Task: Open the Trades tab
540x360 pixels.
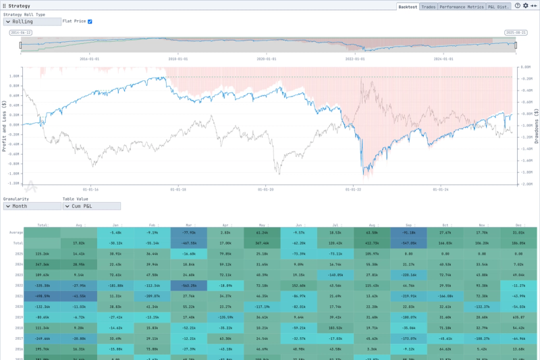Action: (428, 6)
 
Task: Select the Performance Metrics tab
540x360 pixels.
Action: (462, 6)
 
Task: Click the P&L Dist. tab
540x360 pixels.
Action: (499, 6)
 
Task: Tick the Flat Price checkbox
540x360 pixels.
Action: (90, 21)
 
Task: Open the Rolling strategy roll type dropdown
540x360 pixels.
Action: (32, 22)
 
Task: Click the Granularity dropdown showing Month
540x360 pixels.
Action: (32, 206)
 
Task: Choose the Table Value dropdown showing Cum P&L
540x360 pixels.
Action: (92, 206)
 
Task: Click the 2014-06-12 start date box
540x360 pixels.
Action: (22, 32)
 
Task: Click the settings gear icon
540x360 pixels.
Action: (526, 5)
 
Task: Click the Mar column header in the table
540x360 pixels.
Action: (190, 224)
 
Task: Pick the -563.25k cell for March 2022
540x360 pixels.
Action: (190, 286)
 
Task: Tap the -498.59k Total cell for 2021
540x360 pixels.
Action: (43, 296)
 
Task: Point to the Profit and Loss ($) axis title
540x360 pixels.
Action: (5, 126)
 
